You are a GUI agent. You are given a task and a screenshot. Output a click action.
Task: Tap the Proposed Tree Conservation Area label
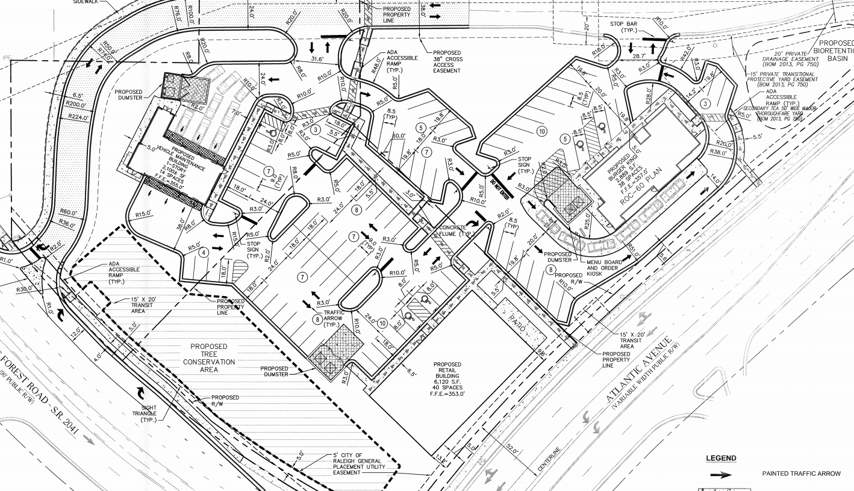click(x=208, y=358)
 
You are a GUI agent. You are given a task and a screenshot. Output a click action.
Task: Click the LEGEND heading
click(x=720, y=459)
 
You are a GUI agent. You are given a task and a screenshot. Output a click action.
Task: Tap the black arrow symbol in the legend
click(x=721, y=474)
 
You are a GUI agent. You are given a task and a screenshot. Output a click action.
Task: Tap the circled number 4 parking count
click(x=204, y=252)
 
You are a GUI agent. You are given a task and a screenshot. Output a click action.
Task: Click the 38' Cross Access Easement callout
click(x=446, y=61)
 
